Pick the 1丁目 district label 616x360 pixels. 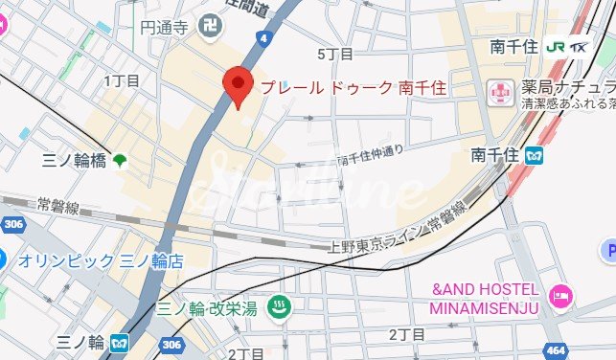tap(122, 80)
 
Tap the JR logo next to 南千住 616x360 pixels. tap(554, 46)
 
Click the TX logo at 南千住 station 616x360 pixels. tap(579, 46)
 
